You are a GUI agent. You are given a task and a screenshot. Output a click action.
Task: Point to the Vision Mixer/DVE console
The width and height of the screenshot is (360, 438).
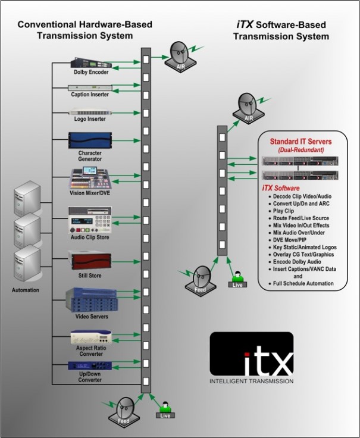click(88, 178)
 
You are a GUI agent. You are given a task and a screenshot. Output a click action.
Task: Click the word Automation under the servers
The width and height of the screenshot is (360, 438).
click(25, 290)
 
